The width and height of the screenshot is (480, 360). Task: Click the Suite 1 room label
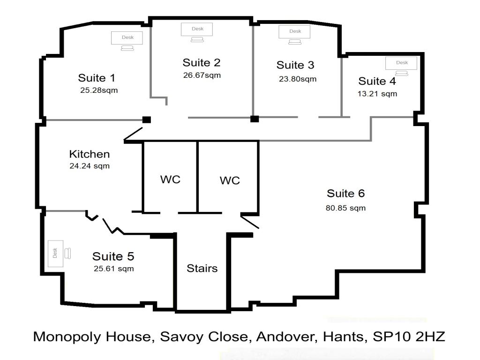97,78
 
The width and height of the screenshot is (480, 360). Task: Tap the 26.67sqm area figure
202,75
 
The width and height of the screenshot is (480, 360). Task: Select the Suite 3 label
295,65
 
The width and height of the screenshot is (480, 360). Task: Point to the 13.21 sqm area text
377,94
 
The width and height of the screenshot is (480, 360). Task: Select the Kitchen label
90,154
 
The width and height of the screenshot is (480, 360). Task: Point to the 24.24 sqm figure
90,166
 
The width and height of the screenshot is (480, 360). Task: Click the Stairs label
202,268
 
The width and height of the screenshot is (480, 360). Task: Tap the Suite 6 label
346,194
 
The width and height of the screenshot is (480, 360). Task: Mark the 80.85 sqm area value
345,208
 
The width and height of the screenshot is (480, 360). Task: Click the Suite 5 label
113,256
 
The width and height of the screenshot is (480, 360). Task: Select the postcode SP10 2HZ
409,337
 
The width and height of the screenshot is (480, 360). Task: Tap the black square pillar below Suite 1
147,120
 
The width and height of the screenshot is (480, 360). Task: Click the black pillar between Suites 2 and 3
255,119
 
